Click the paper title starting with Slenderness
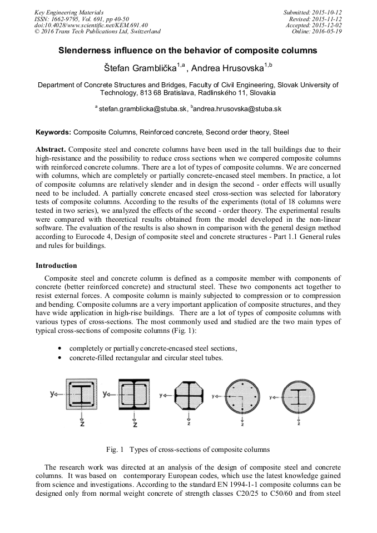click(x=188, y=51)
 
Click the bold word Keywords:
click(x=53, y=133)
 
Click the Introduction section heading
click(x=56, y=266)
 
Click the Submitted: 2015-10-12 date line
click(x=312, y=12)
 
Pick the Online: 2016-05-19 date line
click(x=316, y=32)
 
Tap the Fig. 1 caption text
click(x=188, y=449)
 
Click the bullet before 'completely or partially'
click(x=59, y=348)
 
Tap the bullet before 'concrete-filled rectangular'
click(x=59, y=358)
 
